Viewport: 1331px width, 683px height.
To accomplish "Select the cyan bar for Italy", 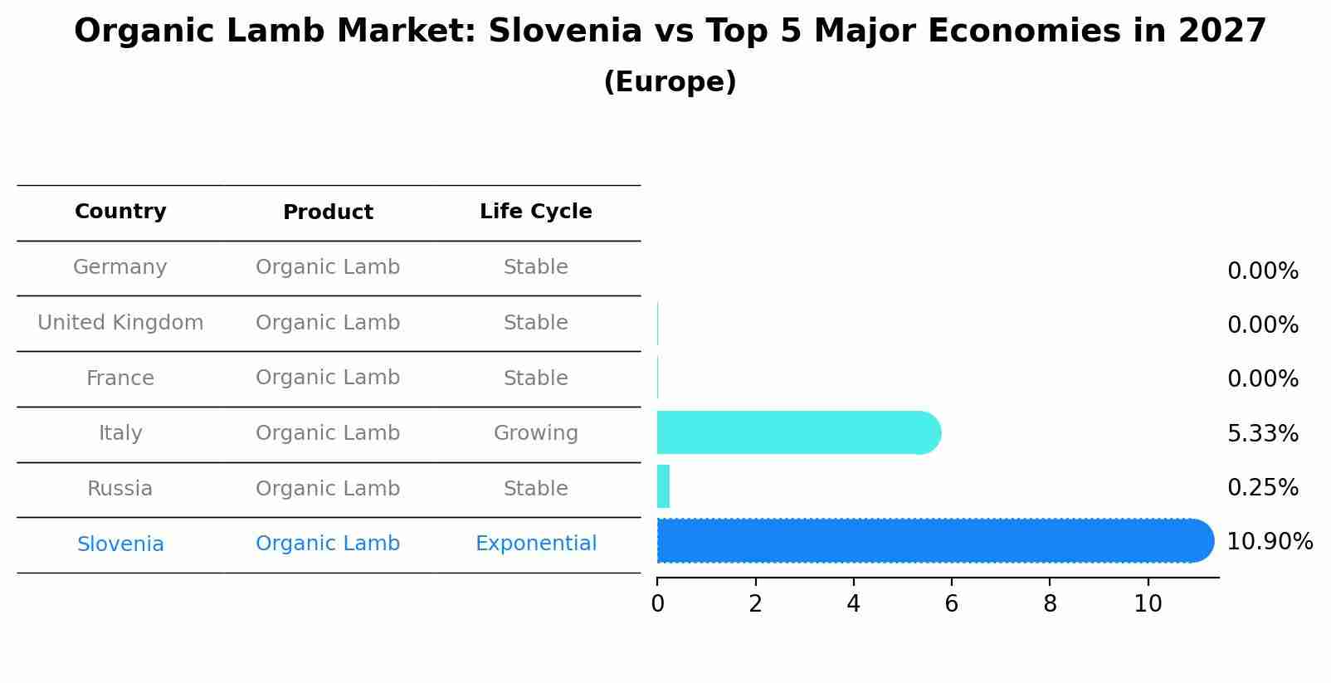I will coord(797,432).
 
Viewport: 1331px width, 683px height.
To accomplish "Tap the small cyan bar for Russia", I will coord(663,486).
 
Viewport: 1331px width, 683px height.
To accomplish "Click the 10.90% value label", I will coord(1269,542).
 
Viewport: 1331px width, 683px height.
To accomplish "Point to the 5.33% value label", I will coord(1262,433).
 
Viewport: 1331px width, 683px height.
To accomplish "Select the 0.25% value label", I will coord(1262,487).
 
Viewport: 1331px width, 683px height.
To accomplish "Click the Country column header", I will coord(120,212).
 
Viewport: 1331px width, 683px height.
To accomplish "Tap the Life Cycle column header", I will coord(535,212).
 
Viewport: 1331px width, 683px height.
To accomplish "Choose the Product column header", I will coord(328,212).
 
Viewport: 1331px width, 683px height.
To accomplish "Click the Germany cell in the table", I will coord(120,267).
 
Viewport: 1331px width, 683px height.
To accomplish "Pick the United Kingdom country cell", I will coord(120,323).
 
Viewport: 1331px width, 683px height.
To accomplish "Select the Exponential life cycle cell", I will coord(535,544).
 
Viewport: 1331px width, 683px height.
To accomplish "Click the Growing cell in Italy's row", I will coord(535,433).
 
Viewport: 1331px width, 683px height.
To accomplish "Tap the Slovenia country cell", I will coord(120,544).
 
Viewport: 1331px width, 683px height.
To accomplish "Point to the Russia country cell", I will coord(120,489).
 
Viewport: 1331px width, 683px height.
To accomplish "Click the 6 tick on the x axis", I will coord(951,604).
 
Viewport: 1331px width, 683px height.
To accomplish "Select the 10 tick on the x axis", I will coord(1148,604).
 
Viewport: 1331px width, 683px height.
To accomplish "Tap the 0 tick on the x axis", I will coord(657,604).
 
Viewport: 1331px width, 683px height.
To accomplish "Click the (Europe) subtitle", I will coord(670,82).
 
